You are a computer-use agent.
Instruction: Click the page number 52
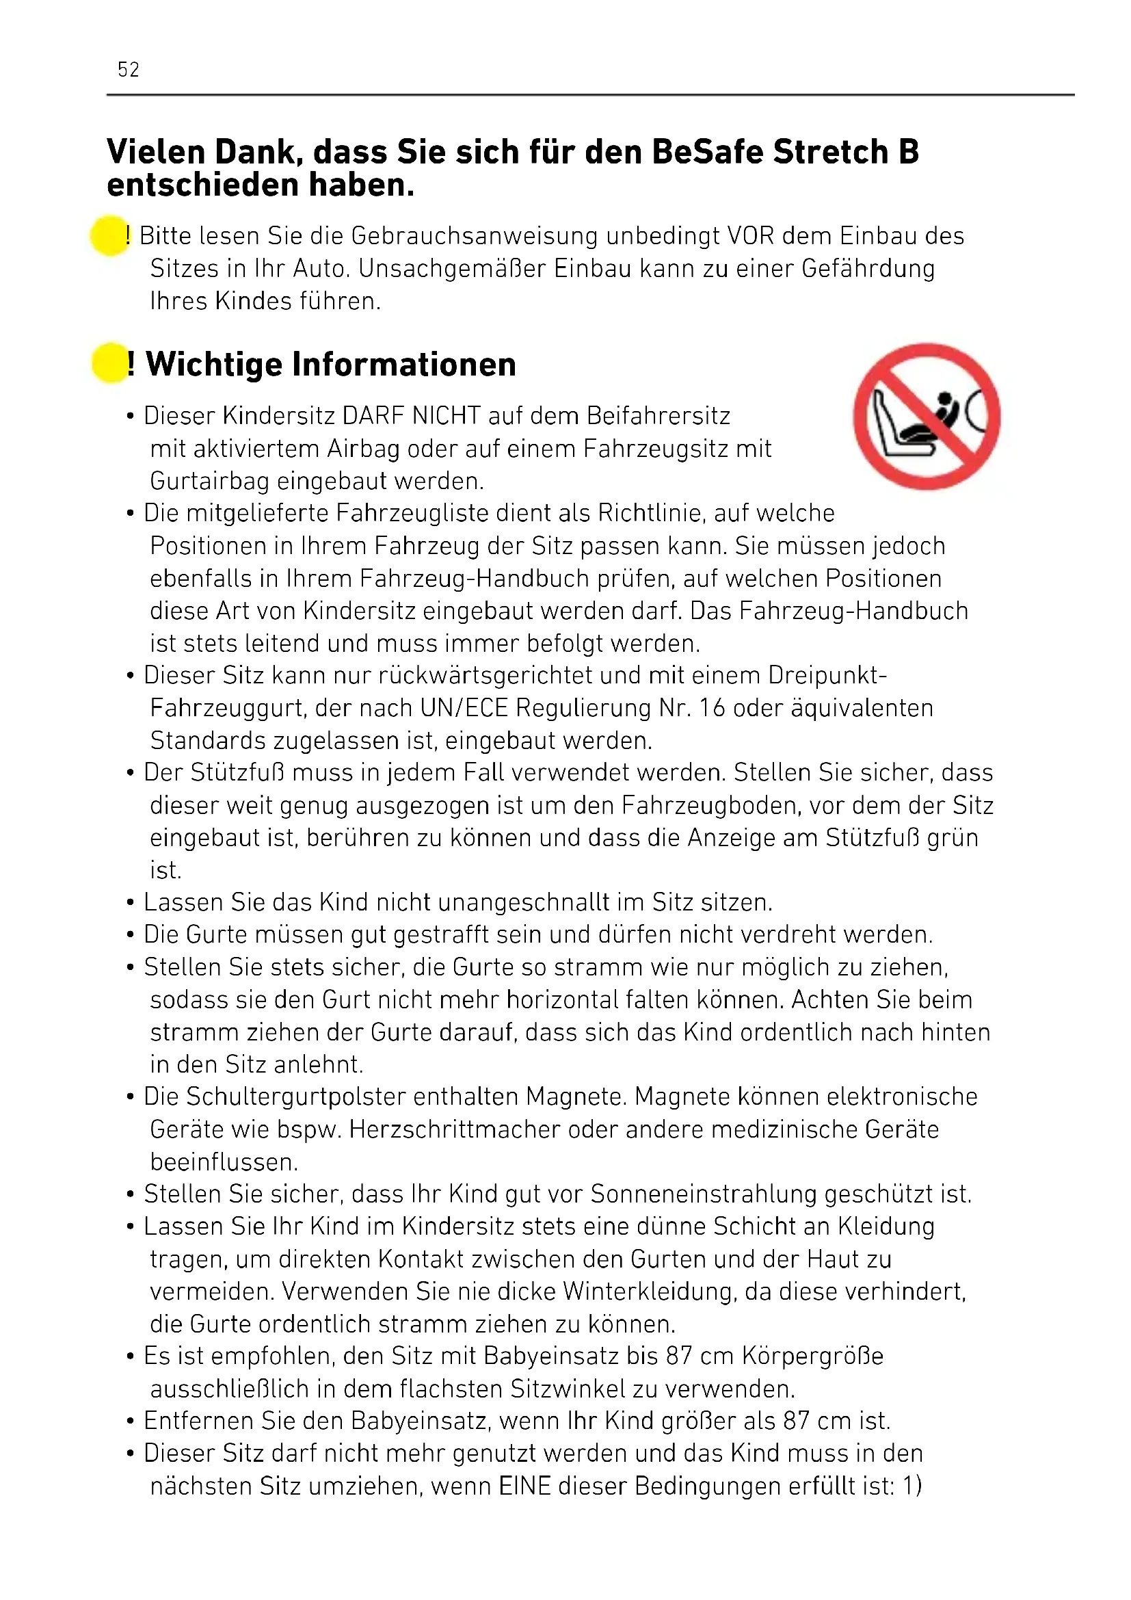[128, 70]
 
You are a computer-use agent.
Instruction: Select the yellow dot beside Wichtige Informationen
[109, 363]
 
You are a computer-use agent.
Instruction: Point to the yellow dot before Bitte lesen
[109, 235]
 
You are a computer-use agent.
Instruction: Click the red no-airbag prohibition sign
[927, 416]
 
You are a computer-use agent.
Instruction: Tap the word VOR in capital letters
[751, 236]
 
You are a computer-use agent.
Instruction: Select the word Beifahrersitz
[658, 416]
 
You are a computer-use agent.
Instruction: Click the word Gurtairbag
[210, 481]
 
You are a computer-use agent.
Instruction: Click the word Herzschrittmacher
[454, 1129]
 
